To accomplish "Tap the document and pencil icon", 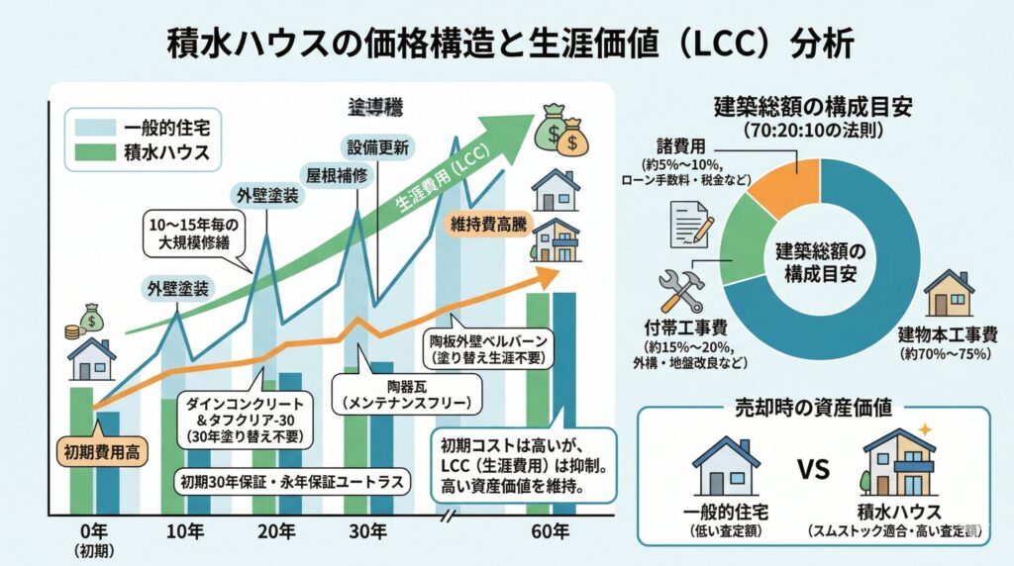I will (693, 223).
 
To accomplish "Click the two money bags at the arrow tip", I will (558, 132).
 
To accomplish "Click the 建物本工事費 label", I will (948, 333).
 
